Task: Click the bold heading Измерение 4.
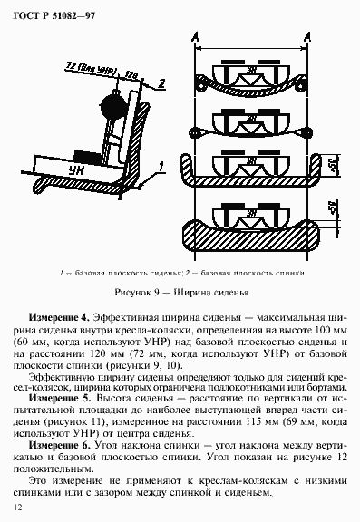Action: click(x=58, y=319)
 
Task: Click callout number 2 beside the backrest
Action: click(x=160, y=82)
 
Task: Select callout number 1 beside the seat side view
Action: click(x=160, y=165)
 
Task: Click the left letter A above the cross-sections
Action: click(x=197, y=35)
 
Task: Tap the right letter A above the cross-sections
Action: click(x=310, y=35)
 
